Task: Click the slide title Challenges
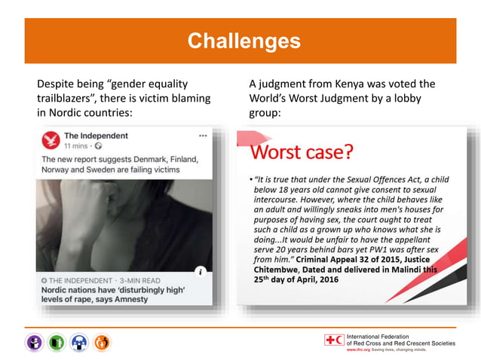[243, 40]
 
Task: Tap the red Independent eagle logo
[51, 140]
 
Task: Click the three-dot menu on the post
[203, 136]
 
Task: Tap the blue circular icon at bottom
[81, 343]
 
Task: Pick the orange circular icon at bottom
[103, 343]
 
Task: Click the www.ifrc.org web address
[357, 350]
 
